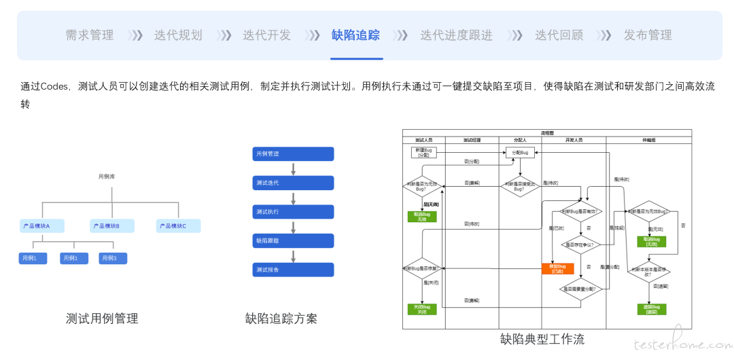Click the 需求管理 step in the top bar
[x=89, y=35]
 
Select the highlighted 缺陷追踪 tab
[x=355, y=35]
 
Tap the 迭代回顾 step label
[x=559, y=35]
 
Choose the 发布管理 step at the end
[x=648, y=35]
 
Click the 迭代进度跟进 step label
[x=456, y=35]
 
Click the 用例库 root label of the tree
[x=107, y=177]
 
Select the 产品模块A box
[x=42, y=226]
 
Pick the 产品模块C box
[x=179, y=226]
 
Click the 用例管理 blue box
[x=293, y=154]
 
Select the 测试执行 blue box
[x=293, y=212]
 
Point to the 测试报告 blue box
[x=293, y=270]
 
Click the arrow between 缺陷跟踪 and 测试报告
[x=293, y=255]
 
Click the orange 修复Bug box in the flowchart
[x=557, y=268]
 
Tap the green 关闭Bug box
[x=421, y=309]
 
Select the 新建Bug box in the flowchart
[x=423, y=152]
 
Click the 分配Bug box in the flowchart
[x=520, y=153]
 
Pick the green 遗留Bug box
[x=651, y=309]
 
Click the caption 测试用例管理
[x=102, y=319]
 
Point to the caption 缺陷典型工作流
[x=542, y=339]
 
